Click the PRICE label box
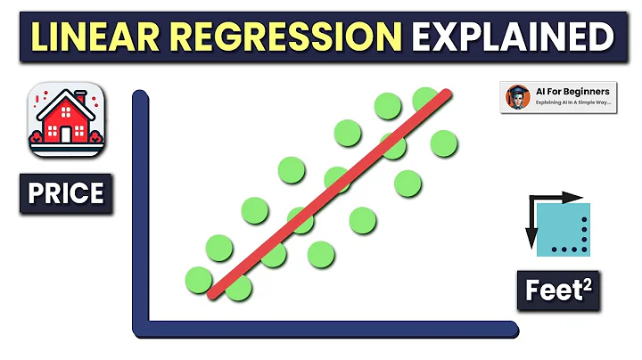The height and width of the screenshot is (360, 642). [x=66, y=193]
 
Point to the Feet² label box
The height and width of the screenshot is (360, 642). [x=558, y=289]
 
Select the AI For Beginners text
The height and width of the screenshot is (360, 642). [x=571, y=92]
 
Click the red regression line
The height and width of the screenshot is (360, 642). [x=330, y=192]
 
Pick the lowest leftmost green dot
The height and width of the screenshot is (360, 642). [x=199, y=280]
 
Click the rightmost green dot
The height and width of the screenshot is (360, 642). [x=443, y=143]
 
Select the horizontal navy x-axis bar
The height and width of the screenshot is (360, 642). [x=330, y=330]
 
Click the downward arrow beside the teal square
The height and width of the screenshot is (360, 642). [x=530, y=227]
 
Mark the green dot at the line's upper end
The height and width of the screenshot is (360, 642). [x=426, y=99]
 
